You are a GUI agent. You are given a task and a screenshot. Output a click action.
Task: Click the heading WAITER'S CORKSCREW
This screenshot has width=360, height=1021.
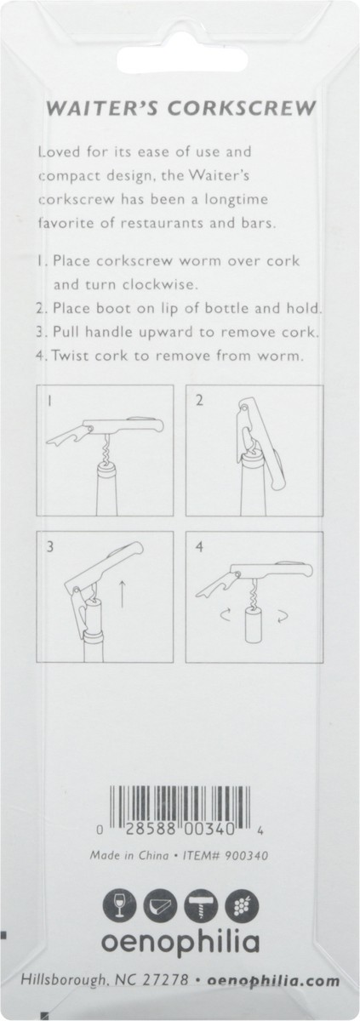coord(180,108)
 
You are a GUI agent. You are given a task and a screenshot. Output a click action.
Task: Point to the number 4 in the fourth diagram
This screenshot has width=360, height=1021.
coord(200,549)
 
